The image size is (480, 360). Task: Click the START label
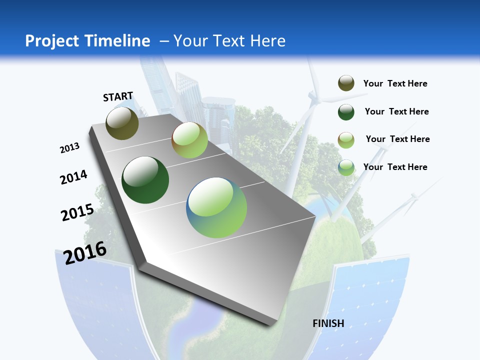click(x=118, y=96)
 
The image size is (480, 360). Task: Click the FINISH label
click(x=328, y=323)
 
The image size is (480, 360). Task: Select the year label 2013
click(x=69, y=148)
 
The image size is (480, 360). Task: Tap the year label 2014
click(x=73, y=177)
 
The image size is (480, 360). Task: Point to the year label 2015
click(x=77, y=212)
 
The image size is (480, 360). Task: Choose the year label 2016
click(x=85, y=252)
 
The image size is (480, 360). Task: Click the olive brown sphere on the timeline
click(x=122, y=123)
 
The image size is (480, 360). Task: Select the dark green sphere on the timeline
click(x=145, y=180)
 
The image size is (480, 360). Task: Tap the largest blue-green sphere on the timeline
click(x=216, y=207)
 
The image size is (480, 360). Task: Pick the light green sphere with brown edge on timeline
click(x=189, y=140)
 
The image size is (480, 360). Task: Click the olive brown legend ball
click(x=346, y=83)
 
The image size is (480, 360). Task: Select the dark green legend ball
click(x=346, y=112)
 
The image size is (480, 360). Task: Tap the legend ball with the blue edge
click(x=346, y=167)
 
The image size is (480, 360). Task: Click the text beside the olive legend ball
click(x=395, y=83)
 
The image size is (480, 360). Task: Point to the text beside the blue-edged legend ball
click(x=395, y=167)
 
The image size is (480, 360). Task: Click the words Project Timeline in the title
click(x=87, y=41)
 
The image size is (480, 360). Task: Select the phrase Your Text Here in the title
click(x=229, y=41)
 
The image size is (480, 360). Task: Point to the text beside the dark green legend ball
click(x=396, y=111)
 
